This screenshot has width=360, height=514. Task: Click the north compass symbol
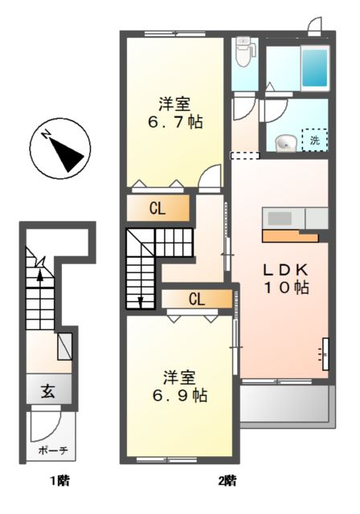click(x=60, y=148)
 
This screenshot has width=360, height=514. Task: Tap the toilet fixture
click(x=245, y=51)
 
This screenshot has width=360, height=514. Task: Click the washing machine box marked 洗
click(x=314, y=140)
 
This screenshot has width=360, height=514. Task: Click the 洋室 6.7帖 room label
click(x=174, y=112)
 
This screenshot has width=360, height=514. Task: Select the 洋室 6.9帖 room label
click(x=179, y=386)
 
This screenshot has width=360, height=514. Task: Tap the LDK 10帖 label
click(x=286, y=279)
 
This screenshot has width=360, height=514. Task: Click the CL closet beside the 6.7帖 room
click(x=158, y=208)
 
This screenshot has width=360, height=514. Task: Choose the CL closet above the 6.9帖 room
click(x=197, y=299)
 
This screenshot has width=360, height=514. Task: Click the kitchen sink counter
click(x=295, y=218)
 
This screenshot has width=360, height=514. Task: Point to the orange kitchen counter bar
click(x=290, y=236)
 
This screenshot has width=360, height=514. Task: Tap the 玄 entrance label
click(x=48, y=391)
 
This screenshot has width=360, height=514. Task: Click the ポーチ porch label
click(x=53, y=451)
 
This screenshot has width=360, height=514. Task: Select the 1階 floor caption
click(x=60, y=481)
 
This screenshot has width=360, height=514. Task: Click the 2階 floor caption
click(x=227, y=481)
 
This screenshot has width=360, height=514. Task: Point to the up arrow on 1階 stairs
click(x=39, y=276)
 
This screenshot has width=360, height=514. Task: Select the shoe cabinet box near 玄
click(x=64, y=347)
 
